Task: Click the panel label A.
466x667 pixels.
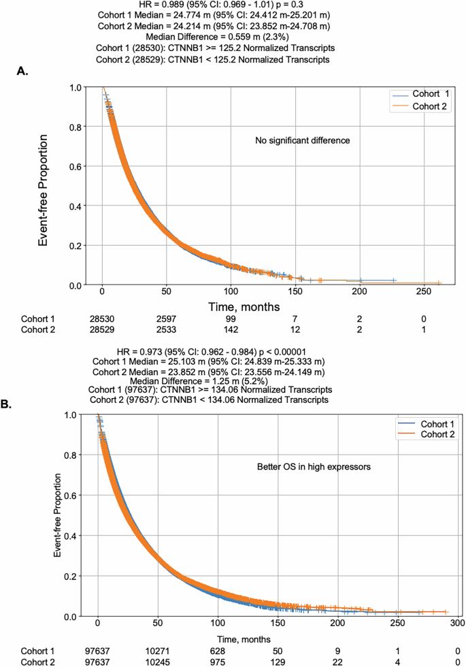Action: tap(22, 71)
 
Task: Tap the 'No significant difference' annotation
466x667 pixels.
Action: tap(302, 141)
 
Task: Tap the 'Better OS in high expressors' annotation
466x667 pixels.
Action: tap(304, 467)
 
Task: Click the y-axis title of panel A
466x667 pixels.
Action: tap(42, 185)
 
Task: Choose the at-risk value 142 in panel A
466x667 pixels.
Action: tap(231, 329)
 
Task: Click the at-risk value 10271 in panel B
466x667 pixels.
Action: tap(159, 650)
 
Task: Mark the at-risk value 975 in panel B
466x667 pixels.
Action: tap(218, 662)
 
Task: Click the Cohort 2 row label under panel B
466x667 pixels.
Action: tap(37, 662)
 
